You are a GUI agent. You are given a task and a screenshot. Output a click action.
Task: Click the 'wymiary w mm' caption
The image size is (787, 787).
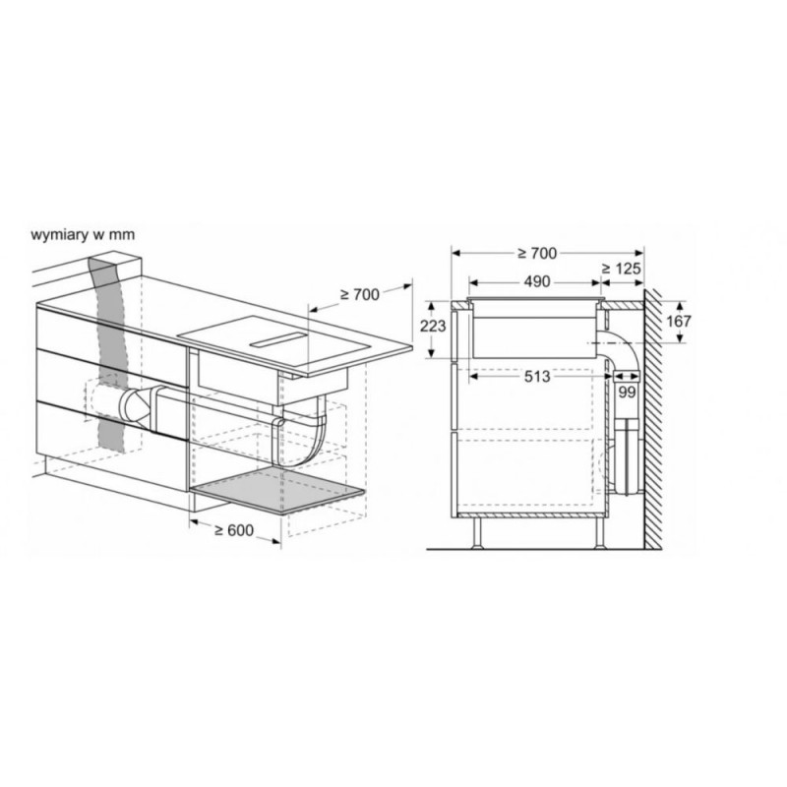pyautogui.click(x=83, y=234)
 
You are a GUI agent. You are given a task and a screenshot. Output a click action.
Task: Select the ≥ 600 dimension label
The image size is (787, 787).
pyautogui.click(x=234, y=529)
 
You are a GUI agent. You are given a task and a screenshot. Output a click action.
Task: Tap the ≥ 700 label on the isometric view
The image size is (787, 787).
pyautogui.click(x=360, y=294)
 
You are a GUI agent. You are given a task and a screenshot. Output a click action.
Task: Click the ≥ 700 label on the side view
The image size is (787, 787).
pyautogui.click(x=537, y=254)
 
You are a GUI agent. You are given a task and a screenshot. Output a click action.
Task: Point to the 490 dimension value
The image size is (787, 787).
pyautogui.click(x=537, y=281)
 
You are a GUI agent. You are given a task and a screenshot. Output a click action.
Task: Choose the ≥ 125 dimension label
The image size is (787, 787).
pyautogui.click(x=622, y=269)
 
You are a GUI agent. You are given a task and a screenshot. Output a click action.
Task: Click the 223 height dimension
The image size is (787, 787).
pyautogui.click(x=433, y=327)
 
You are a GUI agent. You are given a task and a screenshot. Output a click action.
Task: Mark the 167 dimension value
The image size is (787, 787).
pyautogui.click(x=679, y=321)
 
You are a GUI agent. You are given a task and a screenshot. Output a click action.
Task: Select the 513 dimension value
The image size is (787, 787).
pyautogui.click(x=537, y=376)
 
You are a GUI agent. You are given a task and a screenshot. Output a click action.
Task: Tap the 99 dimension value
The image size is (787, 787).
pyautogui.click(x=627, y=392)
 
